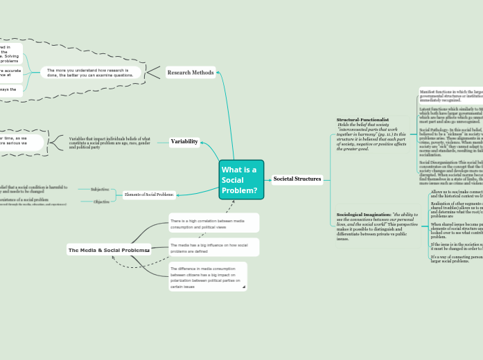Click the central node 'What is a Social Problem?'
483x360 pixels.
click(241, 180)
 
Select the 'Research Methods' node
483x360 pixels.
click(191, 72)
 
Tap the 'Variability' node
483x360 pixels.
click(185, 142)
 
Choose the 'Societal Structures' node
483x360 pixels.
click(297, 179)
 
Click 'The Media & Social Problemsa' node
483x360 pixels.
click(109, 249)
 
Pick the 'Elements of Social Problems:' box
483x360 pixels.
click(149, 195)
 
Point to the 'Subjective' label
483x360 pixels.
click(100, 188)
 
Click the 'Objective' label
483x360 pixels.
click(101, 201)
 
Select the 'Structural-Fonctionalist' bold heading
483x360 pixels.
click(363, 120)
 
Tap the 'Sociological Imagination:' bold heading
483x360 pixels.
click(363, 215)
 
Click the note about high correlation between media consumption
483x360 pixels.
click(213, 223)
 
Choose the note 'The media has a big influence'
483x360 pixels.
click(213, 247)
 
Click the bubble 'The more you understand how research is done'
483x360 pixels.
click(91, 72)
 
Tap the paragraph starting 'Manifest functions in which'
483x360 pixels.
click(450, 96)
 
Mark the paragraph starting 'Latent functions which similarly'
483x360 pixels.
click(450, 116)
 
